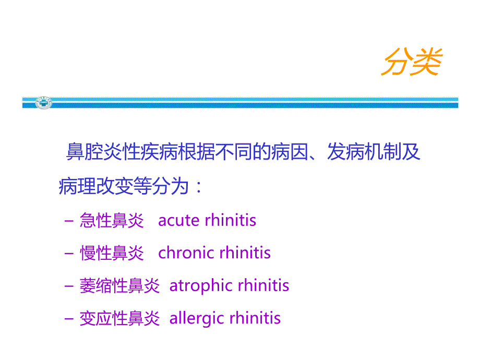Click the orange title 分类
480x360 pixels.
click(x=412, y=63)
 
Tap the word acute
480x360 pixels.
click(x=179, y=221)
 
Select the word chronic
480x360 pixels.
click(x=186, y=253)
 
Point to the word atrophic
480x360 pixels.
click(x=201, y=286)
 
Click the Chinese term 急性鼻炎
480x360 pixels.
click(x=112, y=221)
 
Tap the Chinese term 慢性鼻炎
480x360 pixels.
click(x=112, y=254)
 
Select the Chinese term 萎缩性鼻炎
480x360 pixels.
click(x=119, y=286)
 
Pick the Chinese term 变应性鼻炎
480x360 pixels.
click(x=119, y=318)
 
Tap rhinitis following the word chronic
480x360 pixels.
click(x=245, y=253)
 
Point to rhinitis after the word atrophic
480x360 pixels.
click(x=263, y=286)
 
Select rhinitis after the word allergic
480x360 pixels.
click(x=256, y=318)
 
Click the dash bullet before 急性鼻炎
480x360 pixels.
click(x=69, y=221)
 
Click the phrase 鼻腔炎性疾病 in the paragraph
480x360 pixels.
click(x=114, y=153)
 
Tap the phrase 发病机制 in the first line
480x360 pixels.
click(x=363, y=153)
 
